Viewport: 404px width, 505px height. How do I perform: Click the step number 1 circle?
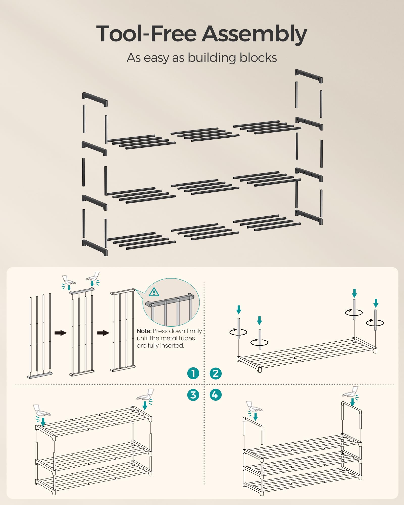click(193, 373)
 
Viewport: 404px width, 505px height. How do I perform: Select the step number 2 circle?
click(216, 373)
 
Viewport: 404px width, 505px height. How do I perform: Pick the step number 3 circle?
click(193, 395)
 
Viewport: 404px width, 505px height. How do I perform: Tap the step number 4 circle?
click(216, 395)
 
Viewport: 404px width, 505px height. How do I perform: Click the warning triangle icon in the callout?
click(154, 292)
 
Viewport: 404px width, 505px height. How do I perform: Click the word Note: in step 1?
click(144, 331)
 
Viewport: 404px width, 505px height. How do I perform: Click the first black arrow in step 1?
click(61, 333)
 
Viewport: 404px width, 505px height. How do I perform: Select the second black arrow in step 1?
click(103, 333)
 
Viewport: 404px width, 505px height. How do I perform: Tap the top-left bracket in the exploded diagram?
click(95, 99)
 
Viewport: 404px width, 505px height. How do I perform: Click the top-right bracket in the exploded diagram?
click(309, 76)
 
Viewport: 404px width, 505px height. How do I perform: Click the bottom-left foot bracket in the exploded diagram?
click(95, 247)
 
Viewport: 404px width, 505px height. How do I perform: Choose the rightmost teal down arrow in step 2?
click(376, 303)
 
